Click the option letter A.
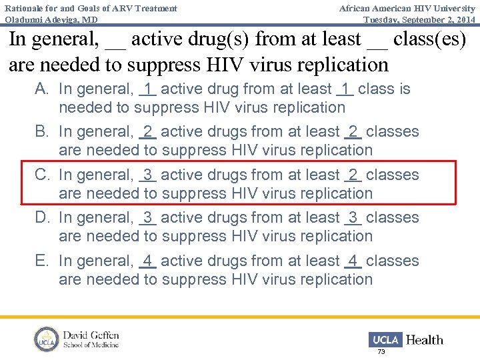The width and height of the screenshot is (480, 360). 41,89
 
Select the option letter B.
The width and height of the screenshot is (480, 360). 41,132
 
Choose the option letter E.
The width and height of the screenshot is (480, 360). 41,261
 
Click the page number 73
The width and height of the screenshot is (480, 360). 381,351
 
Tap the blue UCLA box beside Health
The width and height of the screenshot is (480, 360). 385,339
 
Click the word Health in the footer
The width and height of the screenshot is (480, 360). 425,340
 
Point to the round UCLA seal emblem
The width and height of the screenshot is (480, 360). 47,339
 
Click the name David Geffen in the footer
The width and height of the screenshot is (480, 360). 91,335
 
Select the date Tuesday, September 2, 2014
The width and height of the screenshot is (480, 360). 419,19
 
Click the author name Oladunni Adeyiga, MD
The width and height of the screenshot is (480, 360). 51,19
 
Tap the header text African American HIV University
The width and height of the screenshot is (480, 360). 407,8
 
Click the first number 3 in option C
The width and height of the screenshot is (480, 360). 147,175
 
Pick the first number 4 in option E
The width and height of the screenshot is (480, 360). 147,261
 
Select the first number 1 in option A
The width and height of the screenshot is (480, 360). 147,89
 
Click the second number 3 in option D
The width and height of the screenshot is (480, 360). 353,218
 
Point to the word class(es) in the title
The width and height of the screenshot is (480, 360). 430,39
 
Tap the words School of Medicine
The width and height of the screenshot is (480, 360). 91,345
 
